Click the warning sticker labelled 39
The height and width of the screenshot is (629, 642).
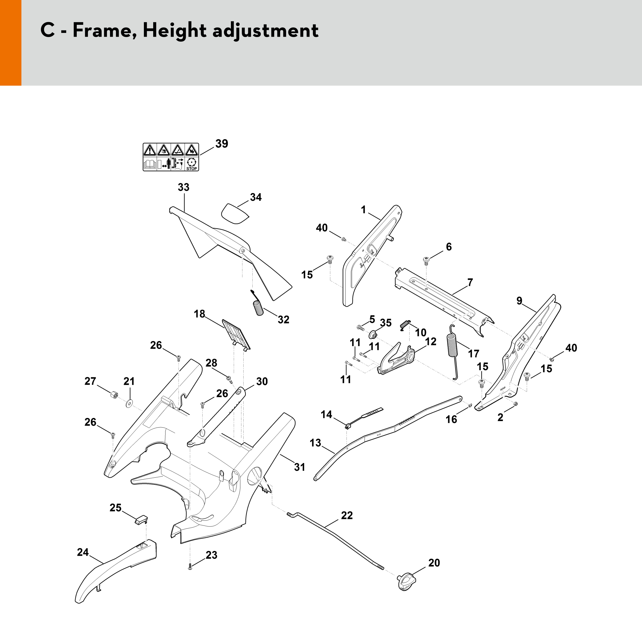tap(171, 157)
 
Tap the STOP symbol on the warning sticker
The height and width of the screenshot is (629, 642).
tap(191, 164)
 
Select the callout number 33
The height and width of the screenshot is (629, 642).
tap(184, 187)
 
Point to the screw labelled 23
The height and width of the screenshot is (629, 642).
tap(190, 567)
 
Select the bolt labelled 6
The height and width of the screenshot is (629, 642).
tap(426, 261)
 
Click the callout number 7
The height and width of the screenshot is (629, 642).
tap(470, 282)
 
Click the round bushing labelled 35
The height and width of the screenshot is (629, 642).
tap(373, 334)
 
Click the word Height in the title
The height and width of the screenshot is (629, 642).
tap(175, 31)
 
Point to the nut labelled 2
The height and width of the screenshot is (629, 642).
tap(516, 404)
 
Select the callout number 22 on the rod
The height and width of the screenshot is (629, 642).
tap(347, 515)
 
